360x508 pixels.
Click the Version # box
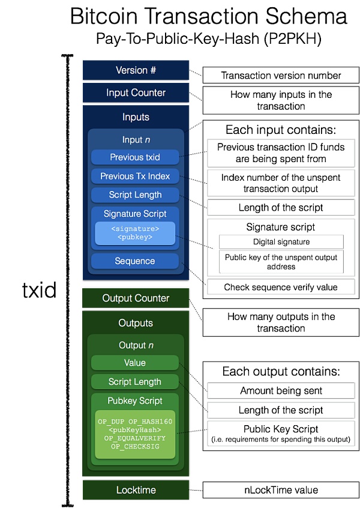136,70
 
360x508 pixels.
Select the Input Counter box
136,93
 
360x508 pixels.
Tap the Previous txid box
135,157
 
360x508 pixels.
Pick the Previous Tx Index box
135,177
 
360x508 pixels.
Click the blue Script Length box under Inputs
135,195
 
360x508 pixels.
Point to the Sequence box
135,261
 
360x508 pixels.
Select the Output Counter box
136,298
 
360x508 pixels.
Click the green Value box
135,363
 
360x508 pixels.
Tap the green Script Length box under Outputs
135,382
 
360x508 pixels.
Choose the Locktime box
136,490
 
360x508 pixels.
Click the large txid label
39,291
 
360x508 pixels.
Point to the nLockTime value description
281,490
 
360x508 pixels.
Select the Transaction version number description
281,76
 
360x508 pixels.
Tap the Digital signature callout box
281,241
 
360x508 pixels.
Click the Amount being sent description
281,391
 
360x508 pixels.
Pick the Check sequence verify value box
281,287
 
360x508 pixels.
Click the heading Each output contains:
281,371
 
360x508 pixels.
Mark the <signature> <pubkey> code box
135,233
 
